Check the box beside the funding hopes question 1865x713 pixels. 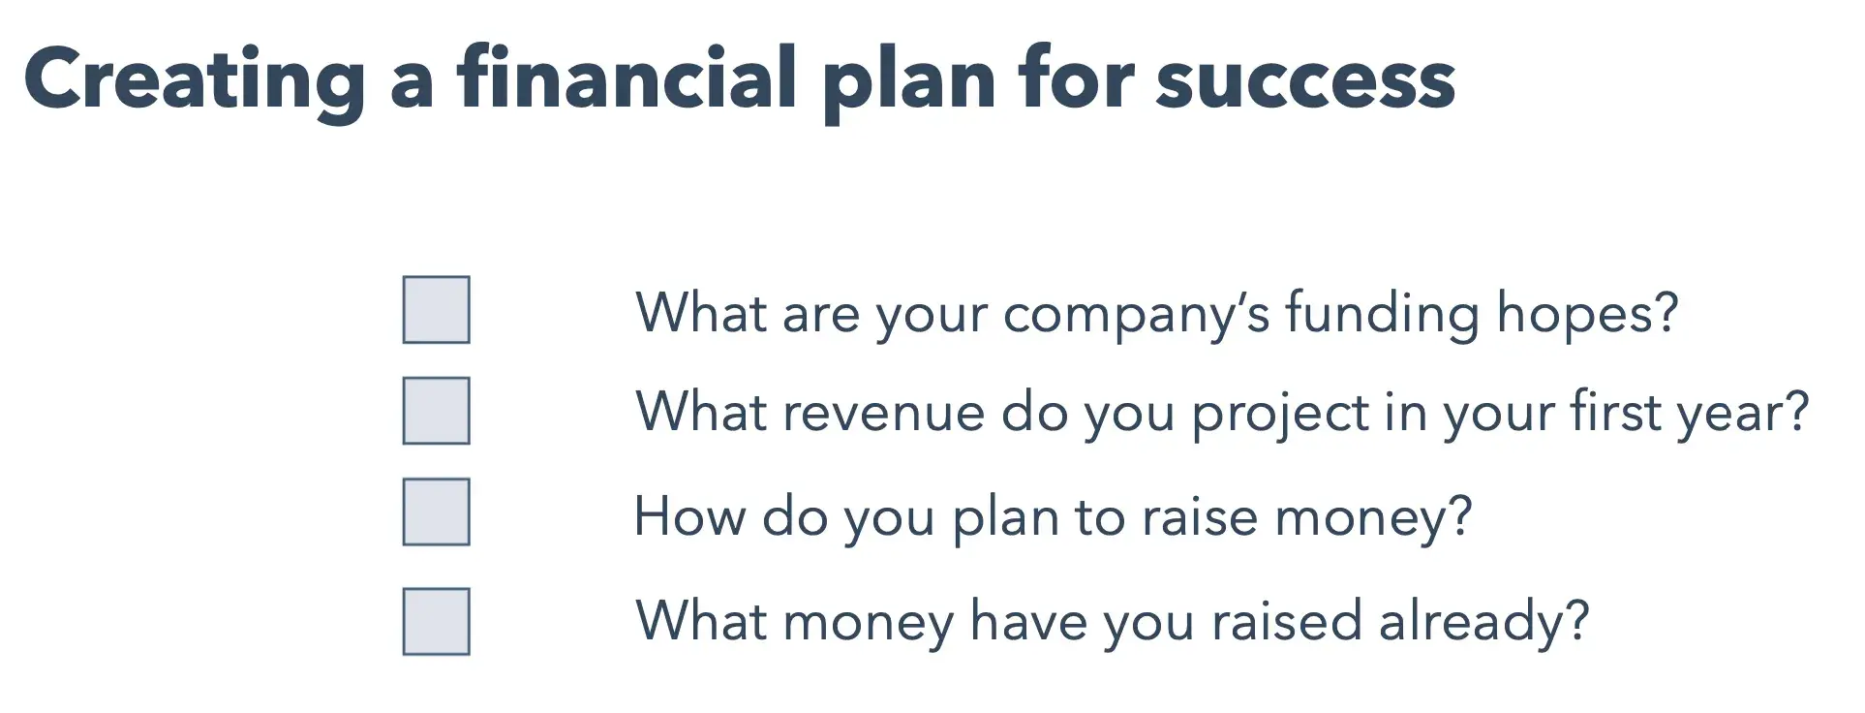tap(437, 310)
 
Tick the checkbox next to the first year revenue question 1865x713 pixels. tap(437, 411)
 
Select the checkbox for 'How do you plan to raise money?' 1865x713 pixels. tap(437, 511)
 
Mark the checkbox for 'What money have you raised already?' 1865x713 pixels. tap(437, 622)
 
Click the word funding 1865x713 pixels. tap(1383, 314)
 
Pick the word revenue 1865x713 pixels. tap(884, 414)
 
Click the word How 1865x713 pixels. tap(689, 515)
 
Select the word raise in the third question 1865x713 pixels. tap(1200, 515)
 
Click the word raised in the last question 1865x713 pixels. tap(1287, 620)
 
